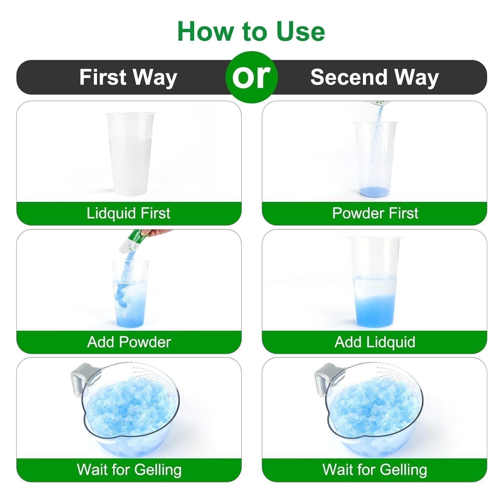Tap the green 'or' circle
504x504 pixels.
tap(252, 77)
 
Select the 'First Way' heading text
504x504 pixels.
tap(128, 77)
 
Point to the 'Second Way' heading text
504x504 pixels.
tap(375, 77)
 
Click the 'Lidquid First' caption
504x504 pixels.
tap(129, 213)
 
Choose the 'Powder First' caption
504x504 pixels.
tap(375, 213)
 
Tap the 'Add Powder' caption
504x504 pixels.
tap(129, 342)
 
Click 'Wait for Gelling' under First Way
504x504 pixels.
tap(129, 470)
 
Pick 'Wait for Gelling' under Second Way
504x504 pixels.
tap(375, 470)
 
